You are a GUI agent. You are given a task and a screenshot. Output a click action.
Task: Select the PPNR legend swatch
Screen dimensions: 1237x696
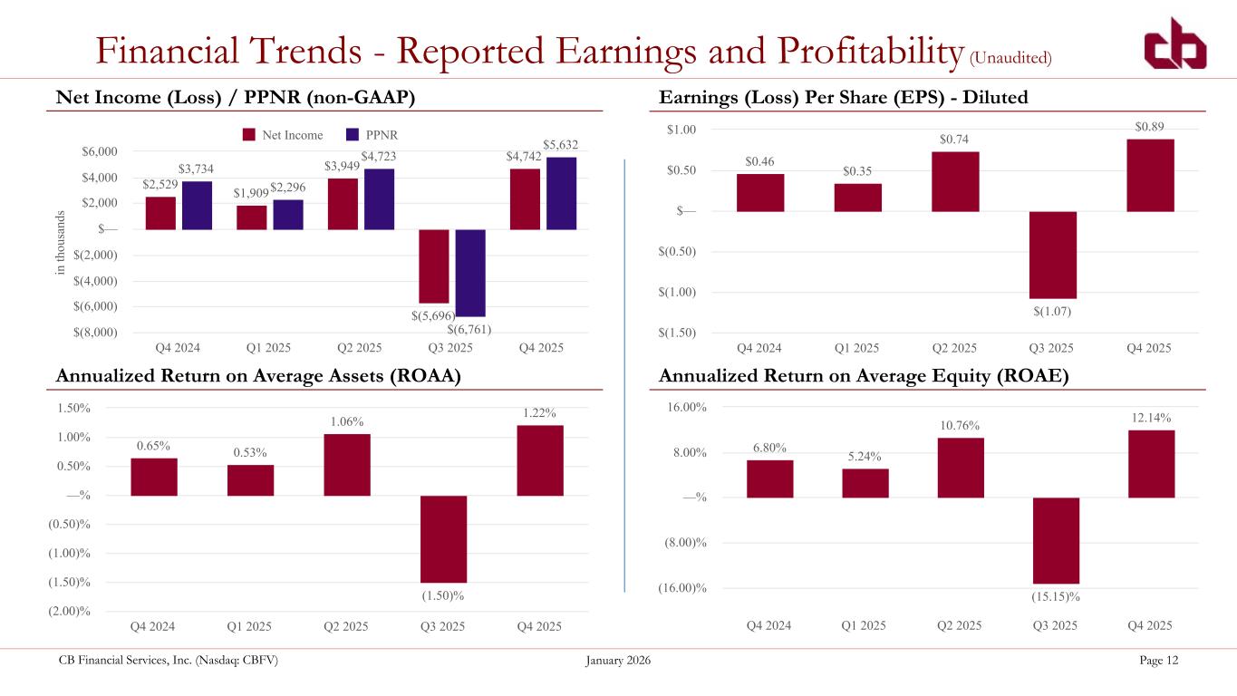[x=353, y=135]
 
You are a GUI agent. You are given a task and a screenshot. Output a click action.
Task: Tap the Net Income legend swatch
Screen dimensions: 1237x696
[x=249, y=135]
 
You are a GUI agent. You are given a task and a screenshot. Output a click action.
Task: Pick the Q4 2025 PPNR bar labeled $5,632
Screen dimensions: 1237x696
[x=561, y=193]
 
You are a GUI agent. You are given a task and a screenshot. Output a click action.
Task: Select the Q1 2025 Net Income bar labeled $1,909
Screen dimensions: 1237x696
[x=252, y=217]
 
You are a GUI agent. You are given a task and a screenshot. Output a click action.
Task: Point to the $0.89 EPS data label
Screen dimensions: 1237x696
[x=1149, y=127]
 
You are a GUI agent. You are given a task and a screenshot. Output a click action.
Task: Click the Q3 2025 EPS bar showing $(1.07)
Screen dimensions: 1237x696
[x=1052, y=255]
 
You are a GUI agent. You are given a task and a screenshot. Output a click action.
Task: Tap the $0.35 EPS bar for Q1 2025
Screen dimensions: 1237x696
[x=857, y=198]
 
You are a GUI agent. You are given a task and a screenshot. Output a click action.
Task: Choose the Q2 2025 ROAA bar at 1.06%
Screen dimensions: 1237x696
[x=347, y=465]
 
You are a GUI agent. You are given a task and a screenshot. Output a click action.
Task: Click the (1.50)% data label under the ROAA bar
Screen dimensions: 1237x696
[x=443, y=595]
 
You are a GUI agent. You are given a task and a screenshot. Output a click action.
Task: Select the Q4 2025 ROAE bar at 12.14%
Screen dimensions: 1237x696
[x=1152, y=464]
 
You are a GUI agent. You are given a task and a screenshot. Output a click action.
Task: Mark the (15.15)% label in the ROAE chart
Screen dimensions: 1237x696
[x=1056, y=596]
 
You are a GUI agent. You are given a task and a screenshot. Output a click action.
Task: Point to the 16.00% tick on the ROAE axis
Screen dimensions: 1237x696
[x=686, y=407]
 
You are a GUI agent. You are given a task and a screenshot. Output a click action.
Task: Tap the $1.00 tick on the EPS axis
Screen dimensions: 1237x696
[x=681, y=130]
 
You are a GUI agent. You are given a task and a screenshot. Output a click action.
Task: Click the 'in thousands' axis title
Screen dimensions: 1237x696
[x=60, y=243]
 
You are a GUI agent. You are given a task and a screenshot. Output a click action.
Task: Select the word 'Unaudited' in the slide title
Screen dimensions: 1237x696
[x=1010, y=57]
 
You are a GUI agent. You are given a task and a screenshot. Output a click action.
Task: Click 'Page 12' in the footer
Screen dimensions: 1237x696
[x=1158, y=660]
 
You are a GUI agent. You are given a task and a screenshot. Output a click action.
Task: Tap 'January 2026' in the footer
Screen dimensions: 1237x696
[x=618, y=660]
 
